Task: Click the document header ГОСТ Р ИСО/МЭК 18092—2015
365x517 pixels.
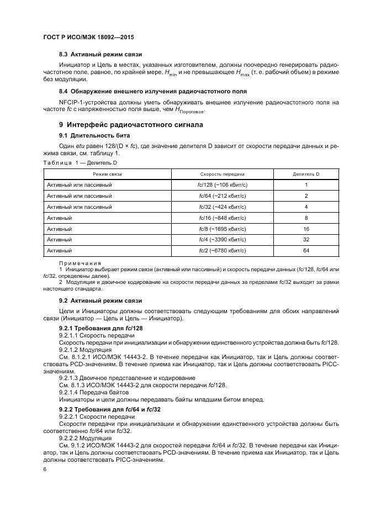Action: [x=88, y=37]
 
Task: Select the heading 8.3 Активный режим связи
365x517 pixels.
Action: [x=100, y=55]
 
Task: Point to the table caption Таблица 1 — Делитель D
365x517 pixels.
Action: [x=80, y=163]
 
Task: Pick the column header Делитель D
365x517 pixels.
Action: [x=306, y=174]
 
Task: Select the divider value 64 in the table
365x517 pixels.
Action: [x=306, y=250]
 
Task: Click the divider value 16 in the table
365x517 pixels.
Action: [x=306, y=228]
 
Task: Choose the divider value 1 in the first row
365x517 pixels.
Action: [x=306, y=184]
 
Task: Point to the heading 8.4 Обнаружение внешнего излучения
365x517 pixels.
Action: [x=153, y=91]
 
